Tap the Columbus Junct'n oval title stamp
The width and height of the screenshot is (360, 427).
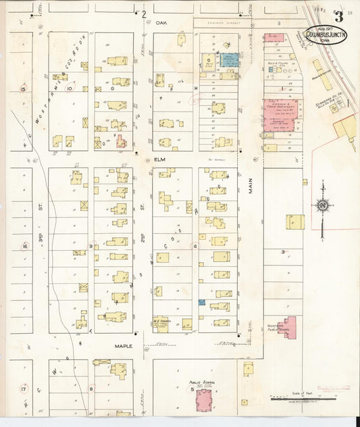(x=326, y=34)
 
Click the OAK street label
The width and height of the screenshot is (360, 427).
(x=161, y=22)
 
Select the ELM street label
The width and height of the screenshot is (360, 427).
(x=160, y=159)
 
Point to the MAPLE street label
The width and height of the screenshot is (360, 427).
(x=123, y=346)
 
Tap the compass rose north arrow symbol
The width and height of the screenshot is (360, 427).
(x=322, y=205)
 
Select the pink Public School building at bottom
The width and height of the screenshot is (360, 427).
(x=203, y=399)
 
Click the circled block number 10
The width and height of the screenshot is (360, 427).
(x=68, y=88)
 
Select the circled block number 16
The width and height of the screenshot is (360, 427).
(x=24, y=247)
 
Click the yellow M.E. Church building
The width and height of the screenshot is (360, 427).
(x=161, y=324)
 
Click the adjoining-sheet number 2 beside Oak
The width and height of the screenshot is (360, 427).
(x=143, y=14)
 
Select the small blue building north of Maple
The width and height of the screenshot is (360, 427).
(x=201, y=303)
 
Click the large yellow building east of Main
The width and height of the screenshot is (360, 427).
(x=294, y=222)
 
